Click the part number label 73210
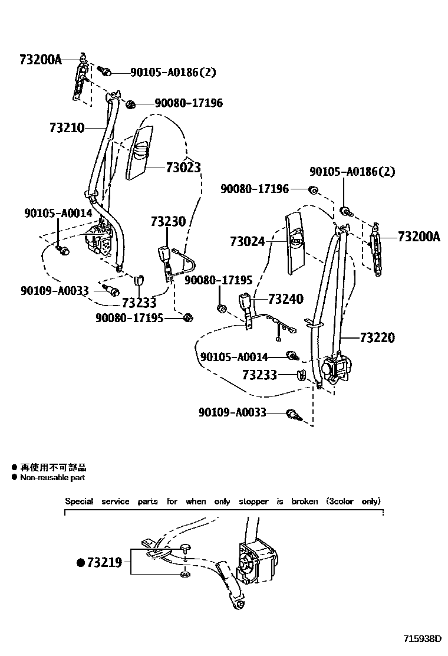coord(67,128)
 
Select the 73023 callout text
coord(183,168)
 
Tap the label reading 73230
coord(167,222)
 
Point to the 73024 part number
coord(248,241)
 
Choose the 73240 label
coord(285,299)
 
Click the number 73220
coord(377,338)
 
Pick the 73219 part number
coord(104,562)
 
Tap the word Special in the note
coord(79,501)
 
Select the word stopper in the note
coord(253,501)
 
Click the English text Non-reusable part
coord(52,477)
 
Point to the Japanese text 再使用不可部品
coord(53,467)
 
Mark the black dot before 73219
coord(81,563)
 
